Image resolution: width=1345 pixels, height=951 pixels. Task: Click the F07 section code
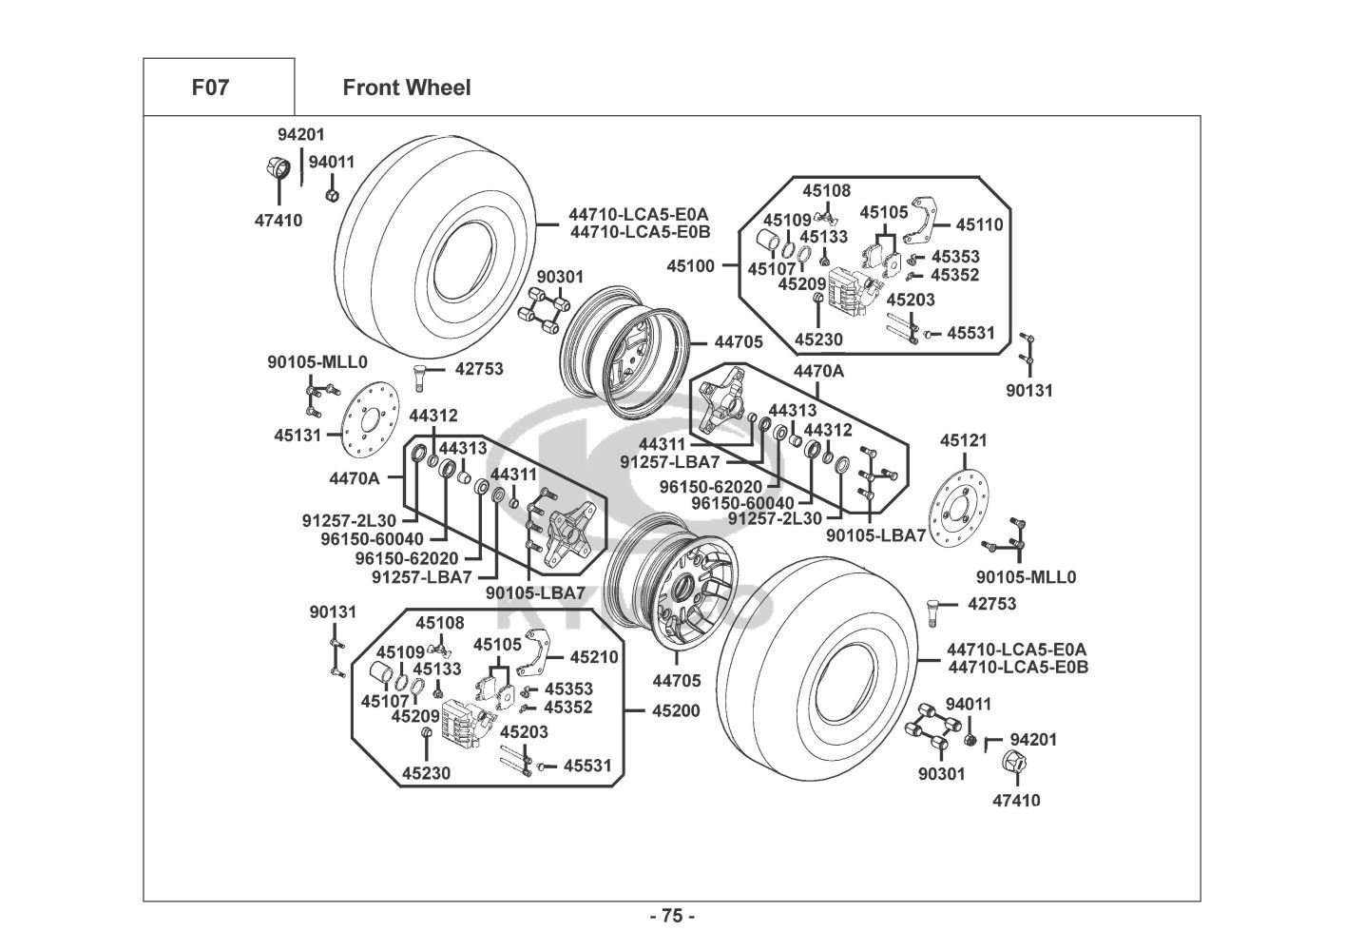click(x=210, y=87)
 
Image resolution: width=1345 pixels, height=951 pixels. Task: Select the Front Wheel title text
click(x=406, y=87)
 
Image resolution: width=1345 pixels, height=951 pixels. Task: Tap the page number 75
click(x=672, y=917)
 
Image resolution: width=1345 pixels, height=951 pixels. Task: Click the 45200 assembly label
click(x=676, y=710)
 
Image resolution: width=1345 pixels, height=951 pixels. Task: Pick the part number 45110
click(x=979, y=225)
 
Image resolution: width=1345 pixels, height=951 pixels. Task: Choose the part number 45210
click(x=594, y=657)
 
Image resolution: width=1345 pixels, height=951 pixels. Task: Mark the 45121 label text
click(x=964, y=440)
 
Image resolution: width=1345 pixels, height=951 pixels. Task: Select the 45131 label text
click(x=298, y=435)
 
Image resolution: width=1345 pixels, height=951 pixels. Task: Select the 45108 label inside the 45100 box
click(x=826, y=190)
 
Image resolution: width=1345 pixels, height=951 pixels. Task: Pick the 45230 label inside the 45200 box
click(x=426, y=773)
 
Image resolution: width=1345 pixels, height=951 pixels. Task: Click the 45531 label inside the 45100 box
click(x=970, y=333)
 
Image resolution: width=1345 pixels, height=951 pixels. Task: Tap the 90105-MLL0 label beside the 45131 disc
click(x=317, y=362)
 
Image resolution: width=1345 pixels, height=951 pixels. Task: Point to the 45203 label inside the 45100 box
click(x=911, y=300)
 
